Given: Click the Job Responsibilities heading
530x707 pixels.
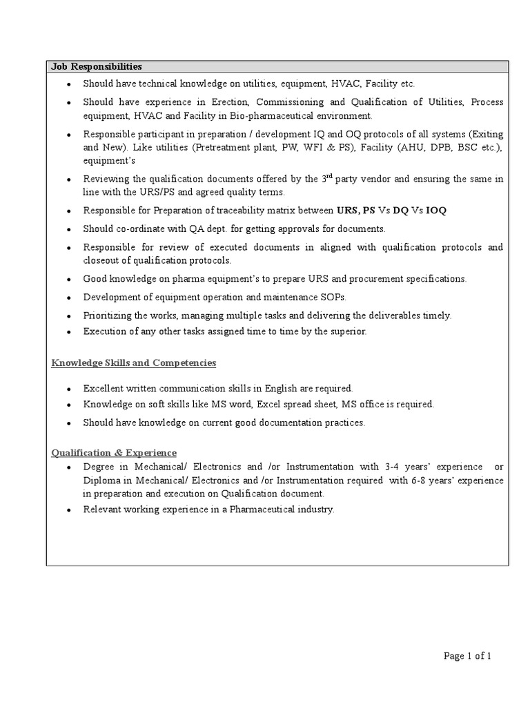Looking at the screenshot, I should coord(97,67).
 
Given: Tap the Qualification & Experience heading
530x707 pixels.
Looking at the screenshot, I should coord(115,452).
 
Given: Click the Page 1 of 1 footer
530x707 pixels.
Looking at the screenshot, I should coord(467,657).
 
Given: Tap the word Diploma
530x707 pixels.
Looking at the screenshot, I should coord(102,481).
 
